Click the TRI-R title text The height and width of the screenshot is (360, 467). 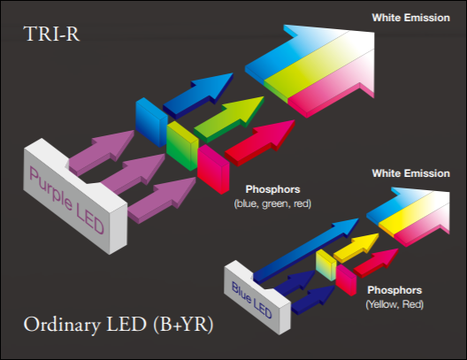51,34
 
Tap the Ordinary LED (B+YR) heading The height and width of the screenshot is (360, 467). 119,325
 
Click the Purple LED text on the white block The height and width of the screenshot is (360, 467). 66,200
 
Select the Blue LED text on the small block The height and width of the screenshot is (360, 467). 252,300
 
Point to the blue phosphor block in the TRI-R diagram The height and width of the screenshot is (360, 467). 151,122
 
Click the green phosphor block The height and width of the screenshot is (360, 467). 182,146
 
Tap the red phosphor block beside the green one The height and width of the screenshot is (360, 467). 213,169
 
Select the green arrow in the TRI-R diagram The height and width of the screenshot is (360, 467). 229,119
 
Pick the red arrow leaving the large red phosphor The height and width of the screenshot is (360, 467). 260,143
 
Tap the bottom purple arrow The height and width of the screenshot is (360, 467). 163,200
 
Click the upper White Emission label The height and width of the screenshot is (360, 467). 410,18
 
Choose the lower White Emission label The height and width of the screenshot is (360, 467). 410,173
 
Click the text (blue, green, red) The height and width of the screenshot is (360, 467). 272,204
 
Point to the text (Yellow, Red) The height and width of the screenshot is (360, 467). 394,304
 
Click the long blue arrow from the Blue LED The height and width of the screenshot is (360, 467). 306,250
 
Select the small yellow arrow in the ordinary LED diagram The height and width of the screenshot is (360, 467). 356,248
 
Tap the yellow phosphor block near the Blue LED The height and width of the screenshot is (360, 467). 325,265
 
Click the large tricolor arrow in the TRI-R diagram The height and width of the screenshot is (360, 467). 310,71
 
